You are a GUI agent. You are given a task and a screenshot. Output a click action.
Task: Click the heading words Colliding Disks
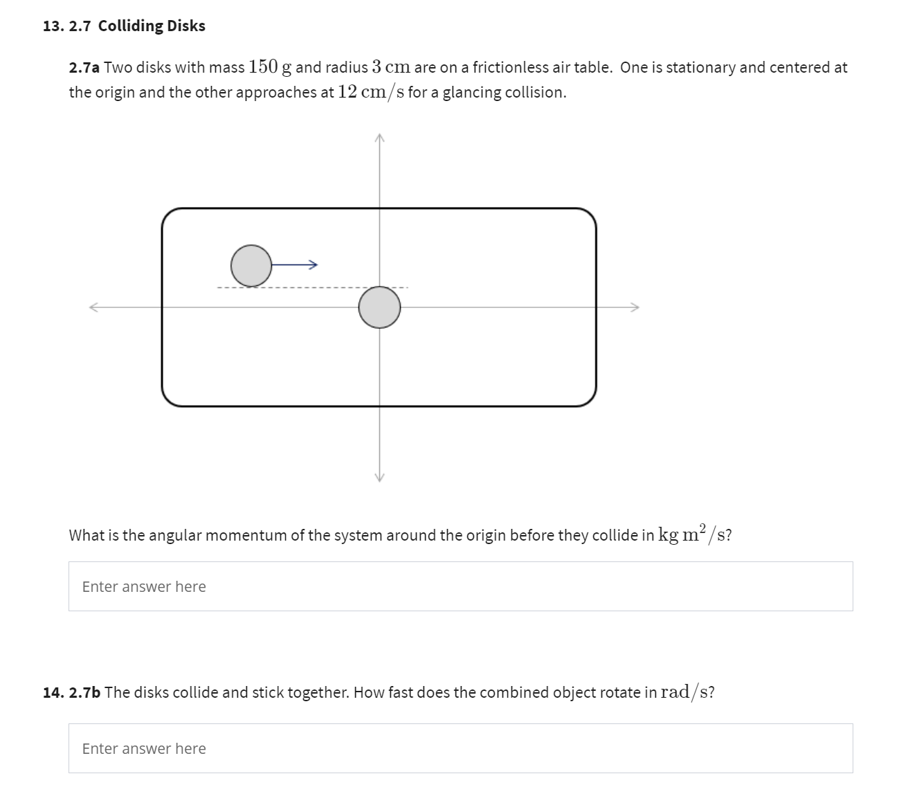pyautogui.click(x=152, y=26)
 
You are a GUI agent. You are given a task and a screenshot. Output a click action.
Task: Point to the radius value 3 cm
pyautogui.click(x=391, y=67)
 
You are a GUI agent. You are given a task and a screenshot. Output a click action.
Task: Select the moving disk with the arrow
pyautogui.click(x=251, y=265)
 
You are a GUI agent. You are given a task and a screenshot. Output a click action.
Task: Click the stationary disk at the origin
pyautogui.click(x=379, y=307)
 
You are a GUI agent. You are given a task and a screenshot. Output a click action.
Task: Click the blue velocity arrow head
pyautogui.click(x=314, y=264)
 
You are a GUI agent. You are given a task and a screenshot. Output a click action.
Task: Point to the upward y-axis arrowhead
pyautogui.click(x=379, y=138)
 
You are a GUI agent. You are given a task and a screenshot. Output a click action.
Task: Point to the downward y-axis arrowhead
pyautogui.click(x=379, y=477)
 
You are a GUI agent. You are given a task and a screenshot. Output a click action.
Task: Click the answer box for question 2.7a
pyautogui.click(x=460, y=586)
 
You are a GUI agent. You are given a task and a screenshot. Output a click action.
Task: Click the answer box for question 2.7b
pyautogui.click(x=460, y=748)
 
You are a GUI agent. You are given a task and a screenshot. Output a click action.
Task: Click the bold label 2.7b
pyautogui.click(x=85, y=692)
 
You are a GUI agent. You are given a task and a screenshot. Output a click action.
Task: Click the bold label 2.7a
pyautogui.click(x=84, y=68)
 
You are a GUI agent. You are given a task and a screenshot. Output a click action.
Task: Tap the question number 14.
pyautogui.click(x=53, y=692)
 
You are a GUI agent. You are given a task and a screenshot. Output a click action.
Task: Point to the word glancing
pyautogui.click(x=471, y=93)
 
